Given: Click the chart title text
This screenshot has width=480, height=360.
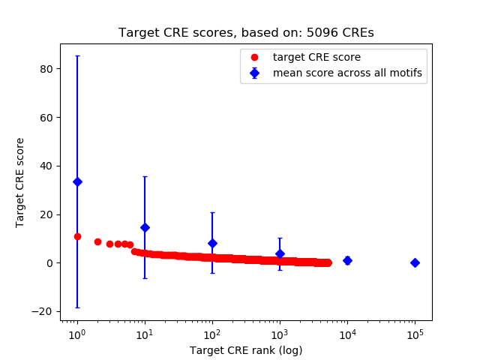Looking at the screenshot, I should [x=246, y=34].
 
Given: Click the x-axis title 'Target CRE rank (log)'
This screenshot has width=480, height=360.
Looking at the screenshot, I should [x=246, y=350].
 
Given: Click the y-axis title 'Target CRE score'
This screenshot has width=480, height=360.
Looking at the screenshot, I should [x=20, y=182].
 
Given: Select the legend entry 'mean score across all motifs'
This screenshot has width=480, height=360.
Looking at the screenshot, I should [x=347, y=73].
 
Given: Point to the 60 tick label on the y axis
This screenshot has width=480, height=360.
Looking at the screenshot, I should [x=48, y=118].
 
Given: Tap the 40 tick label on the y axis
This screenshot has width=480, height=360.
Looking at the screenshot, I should [x=48, y=166].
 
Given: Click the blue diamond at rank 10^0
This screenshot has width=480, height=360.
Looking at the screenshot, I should [x=77, y=181].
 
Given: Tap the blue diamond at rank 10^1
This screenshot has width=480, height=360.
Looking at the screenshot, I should [x=145, y=227].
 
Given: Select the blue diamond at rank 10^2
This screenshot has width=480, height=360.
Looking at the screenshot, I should [x=212, y=243].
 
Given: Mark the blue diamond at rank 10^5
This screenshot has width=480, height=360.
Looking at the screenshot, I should [x=415, y=262].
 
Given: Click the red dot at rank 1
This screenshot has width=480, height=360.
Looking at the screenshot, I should [x=77, y=236].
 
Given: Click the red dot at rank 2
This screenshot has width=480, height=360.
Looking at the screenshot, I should [x=97, y=241].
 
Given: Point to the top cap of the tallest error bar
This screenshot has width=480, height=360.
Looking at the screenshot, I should [x=77, y=55].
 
